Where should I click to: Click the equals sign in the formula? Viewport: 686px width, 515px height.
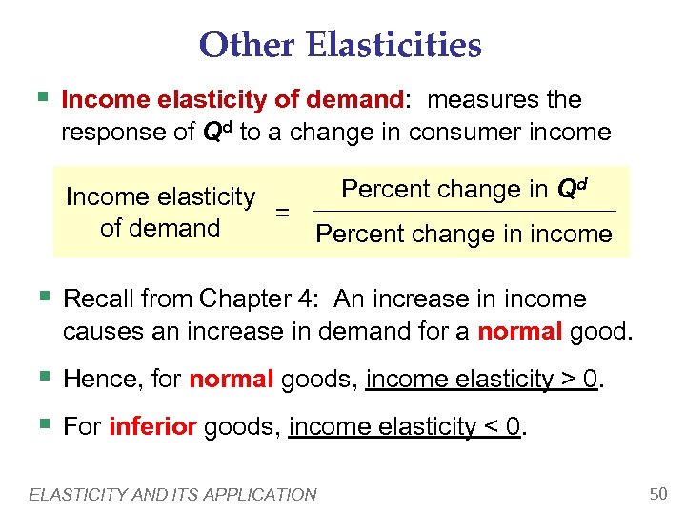coord(282,213)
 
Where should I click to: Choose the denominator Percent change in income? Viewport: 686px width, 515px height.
coord(464,234)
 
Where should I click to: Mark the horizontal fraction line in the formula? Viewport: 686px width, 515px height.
coord(464,211)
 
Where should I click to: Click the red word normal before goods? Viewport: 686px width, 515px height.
coord(232,380)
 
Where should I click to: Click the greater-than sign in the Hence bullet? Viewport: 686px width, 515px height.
coord(567,381)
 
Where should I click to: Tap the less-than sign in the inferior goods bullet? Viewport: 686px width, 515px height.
coord(490,426)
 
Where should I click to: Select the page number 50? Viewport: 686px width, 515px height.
coord(656,493)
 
